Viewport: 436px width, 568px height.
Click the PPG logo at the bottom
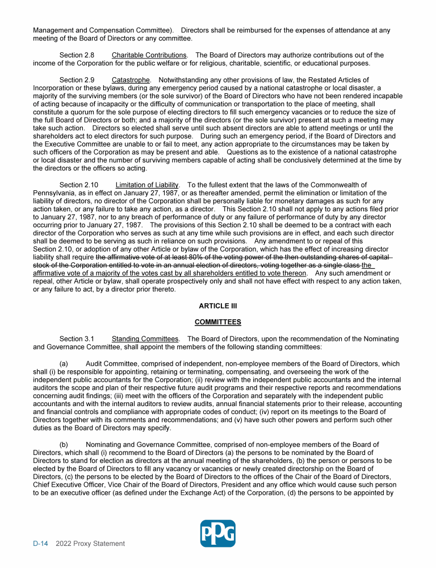[218, 533]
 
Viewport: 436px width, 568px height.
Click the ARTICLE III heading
[218, 306]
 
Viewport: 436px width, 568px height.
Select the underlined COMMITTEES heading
[218, 322]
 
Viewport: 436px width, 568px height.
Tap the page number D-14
[40, 544]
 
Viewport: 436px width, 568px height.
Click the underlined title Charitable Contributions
[149, 55]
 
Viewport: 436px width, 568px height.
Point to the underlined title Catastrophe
[131, 80]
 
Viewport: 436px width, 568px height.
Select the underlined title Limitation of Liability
[147, 185]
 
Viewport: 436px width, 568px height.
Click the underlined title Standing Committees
[145, 339]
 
